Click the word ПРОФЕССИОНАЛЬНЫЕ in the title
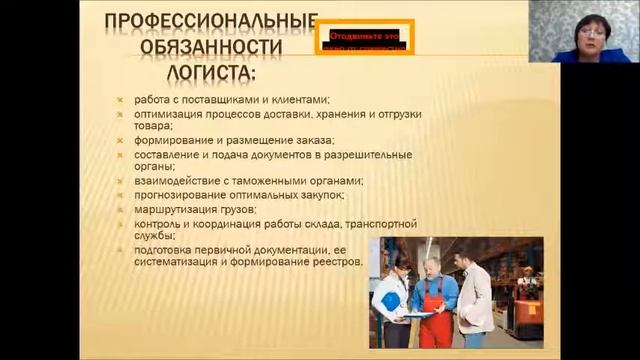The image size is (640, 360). [x=211, y=22]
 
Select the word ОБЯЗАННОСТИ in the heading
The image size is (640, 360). [x=211, y=48]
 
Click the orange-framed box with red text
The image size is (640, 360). [x=365, y=41]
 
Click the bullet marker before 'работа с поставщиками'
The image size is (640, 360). [x=118, y=100]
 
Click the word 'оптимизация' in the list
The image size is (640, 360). [x=161, y=114]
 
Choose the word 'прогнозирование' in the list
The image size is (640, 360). [x=172, y=196]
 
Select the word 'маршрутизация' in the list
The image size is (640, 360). [x=167, y=210]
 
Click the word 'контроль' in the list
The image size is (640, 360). [x=151, y=224]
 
